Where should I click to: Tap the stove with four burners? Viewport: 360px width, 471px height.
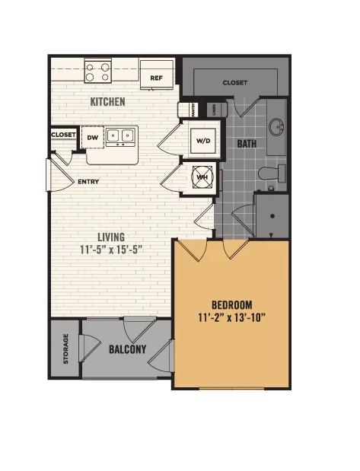pos(98,72)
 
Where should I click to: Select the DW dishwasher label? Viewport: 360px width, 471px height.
pos(92,137)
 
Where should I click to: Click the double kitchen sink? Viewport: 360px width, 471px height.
pos(120,137)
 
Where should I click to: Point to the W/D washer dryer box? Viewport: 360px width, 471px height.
pos(203,140)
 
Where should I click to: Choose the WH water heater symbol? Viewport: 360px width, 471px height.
pos(202,177)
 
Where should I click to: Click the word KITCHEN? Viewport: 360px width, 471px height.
pos(108,101)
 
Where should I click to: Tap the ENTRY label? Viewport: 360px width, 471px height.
pos(90,183)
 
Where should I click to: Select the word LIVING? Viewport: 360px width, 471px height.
pos(110,237)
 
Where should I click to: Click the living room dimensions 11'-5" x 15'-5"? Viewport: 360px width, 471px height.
pos(110,250)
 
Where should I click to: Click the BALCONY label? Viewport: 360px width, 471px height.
pos(127,349)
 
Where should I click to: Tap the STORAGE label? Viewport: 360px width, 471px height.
pos(65,348)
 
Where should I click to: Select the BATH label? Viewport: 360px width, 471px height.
pos(247,143)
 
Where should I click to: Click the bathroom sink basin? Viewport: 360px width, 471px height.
pos(276,125)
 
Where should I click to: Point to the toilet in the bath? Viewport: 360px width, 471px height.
pos(271,173)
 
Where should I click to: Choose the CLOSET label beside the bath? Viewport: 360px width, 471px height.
pos(235,82)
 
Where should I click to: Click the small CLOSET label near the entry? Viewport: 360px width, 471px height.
pos(64,135)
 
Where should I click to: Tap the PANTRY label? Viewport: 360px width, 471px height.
pos(183,110)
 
